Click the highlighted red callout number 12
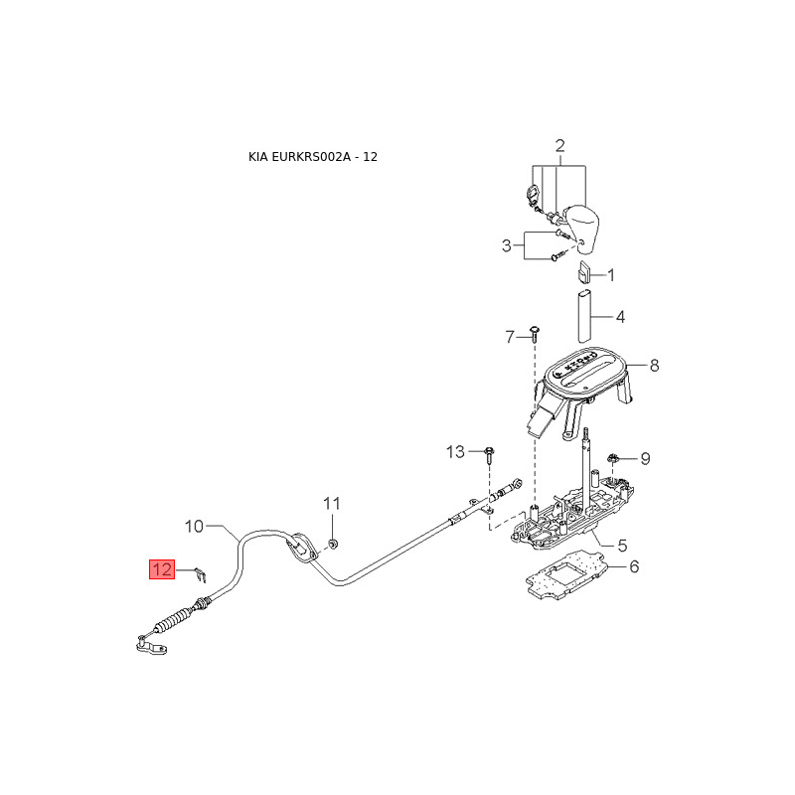161,569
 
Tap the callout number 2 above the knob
559,147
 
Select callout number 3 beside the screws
506,244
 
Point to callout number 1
611,274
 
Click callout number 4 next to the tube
620,318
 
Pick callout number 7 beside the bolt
511,337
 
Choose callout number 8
654,366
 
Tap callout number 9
645,458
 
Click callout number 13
455,452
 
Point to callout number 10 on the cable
194,525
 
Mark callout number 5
622,546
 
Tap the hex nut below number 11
334,543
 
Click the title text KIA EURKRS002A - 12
313,157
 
